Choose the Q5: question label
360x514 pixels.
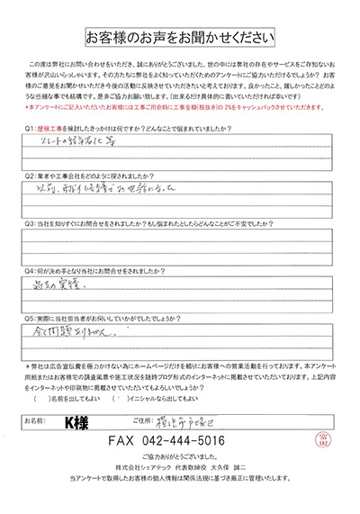[31, 316]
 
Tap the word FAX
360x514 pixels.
[123, 442]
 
